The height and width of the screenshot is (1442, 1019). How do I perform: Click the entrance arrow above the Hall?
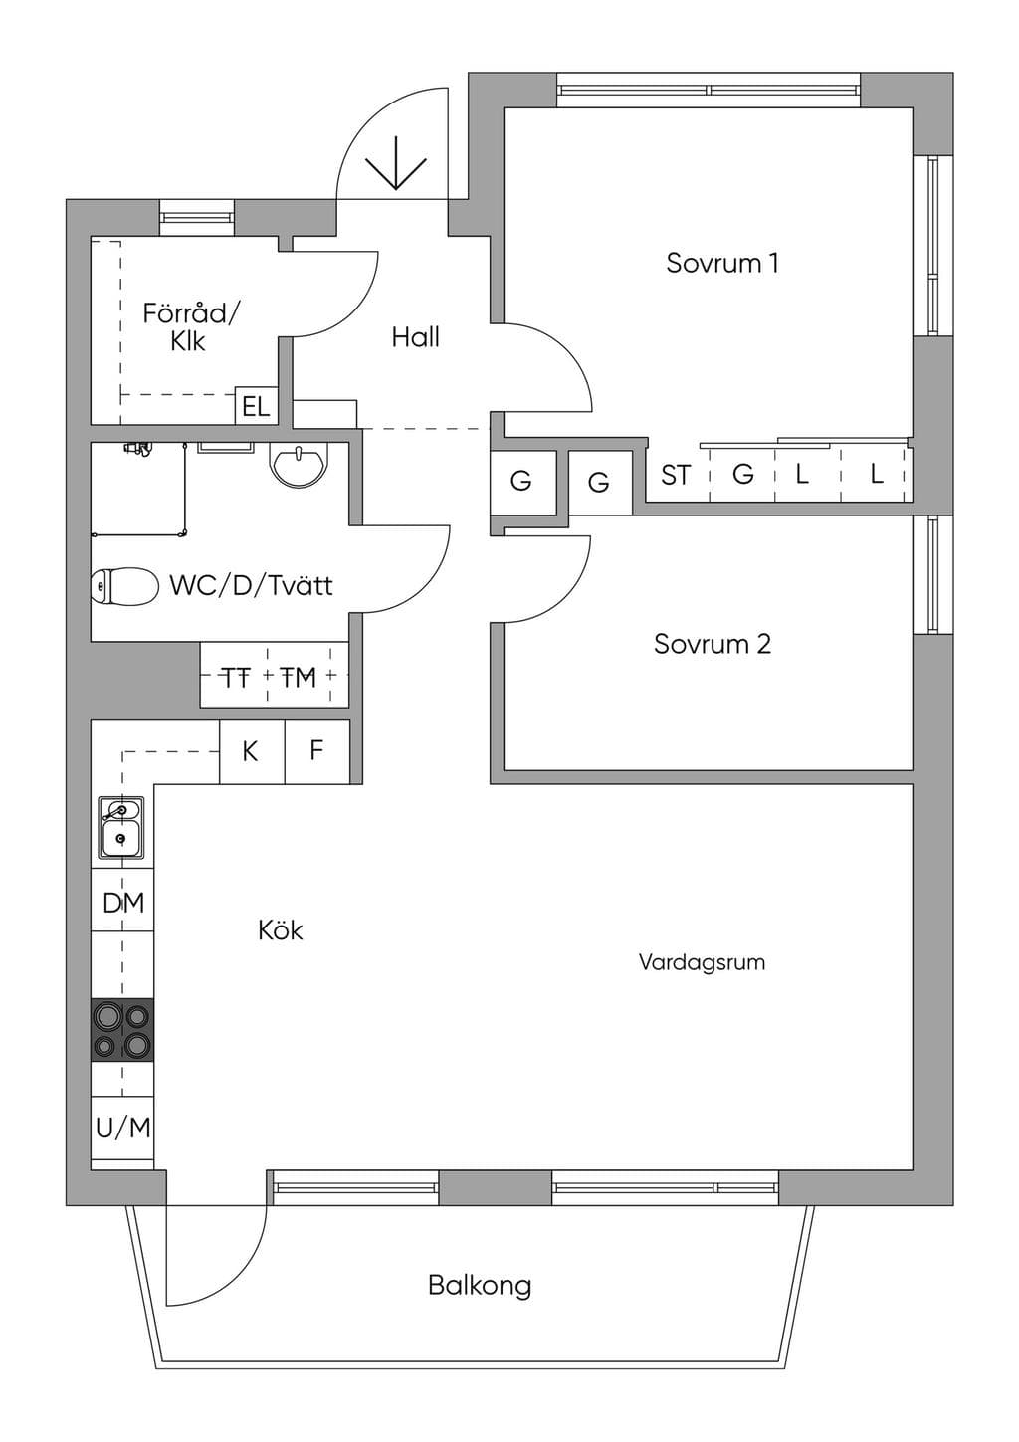coord(396,163)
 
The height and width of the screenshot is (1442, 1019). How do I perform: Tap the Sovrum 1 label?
coord(722,263)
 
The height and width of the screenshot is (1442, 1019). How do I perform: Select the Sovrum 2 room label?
coord(712,644)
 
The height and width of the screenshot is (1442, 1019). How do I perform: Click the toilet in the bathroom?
coord(124,587)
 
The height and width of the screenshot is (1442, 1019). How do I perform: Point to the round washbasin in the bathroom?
coord(299,464)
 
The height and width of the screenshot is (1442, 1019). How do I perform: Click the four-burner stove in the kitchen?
coord(122,1029)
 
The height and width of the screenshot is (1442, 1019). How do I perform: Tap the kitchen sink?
coord(121,827)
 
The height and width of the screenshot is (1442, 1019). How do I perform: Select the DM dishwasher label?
coord(123,904)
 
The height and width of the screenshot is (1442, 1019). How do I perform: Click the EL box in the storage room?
coord(256,405)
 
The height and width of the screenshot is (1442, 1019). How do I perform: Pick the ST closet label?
coord(676,476)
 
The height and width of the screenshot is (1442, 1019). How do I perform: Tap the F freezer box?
coord(317,751)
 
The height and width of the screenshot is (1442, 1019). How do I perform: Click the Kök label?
coord(281,930)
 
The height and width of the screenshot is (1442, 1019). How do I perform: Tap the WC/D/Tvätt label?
coord(251,586)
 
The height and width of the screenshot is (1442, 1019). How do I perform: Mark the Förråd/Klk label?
coord(190,327)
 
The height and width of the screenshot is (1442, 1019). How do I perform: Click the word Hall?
coord(416,337)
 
